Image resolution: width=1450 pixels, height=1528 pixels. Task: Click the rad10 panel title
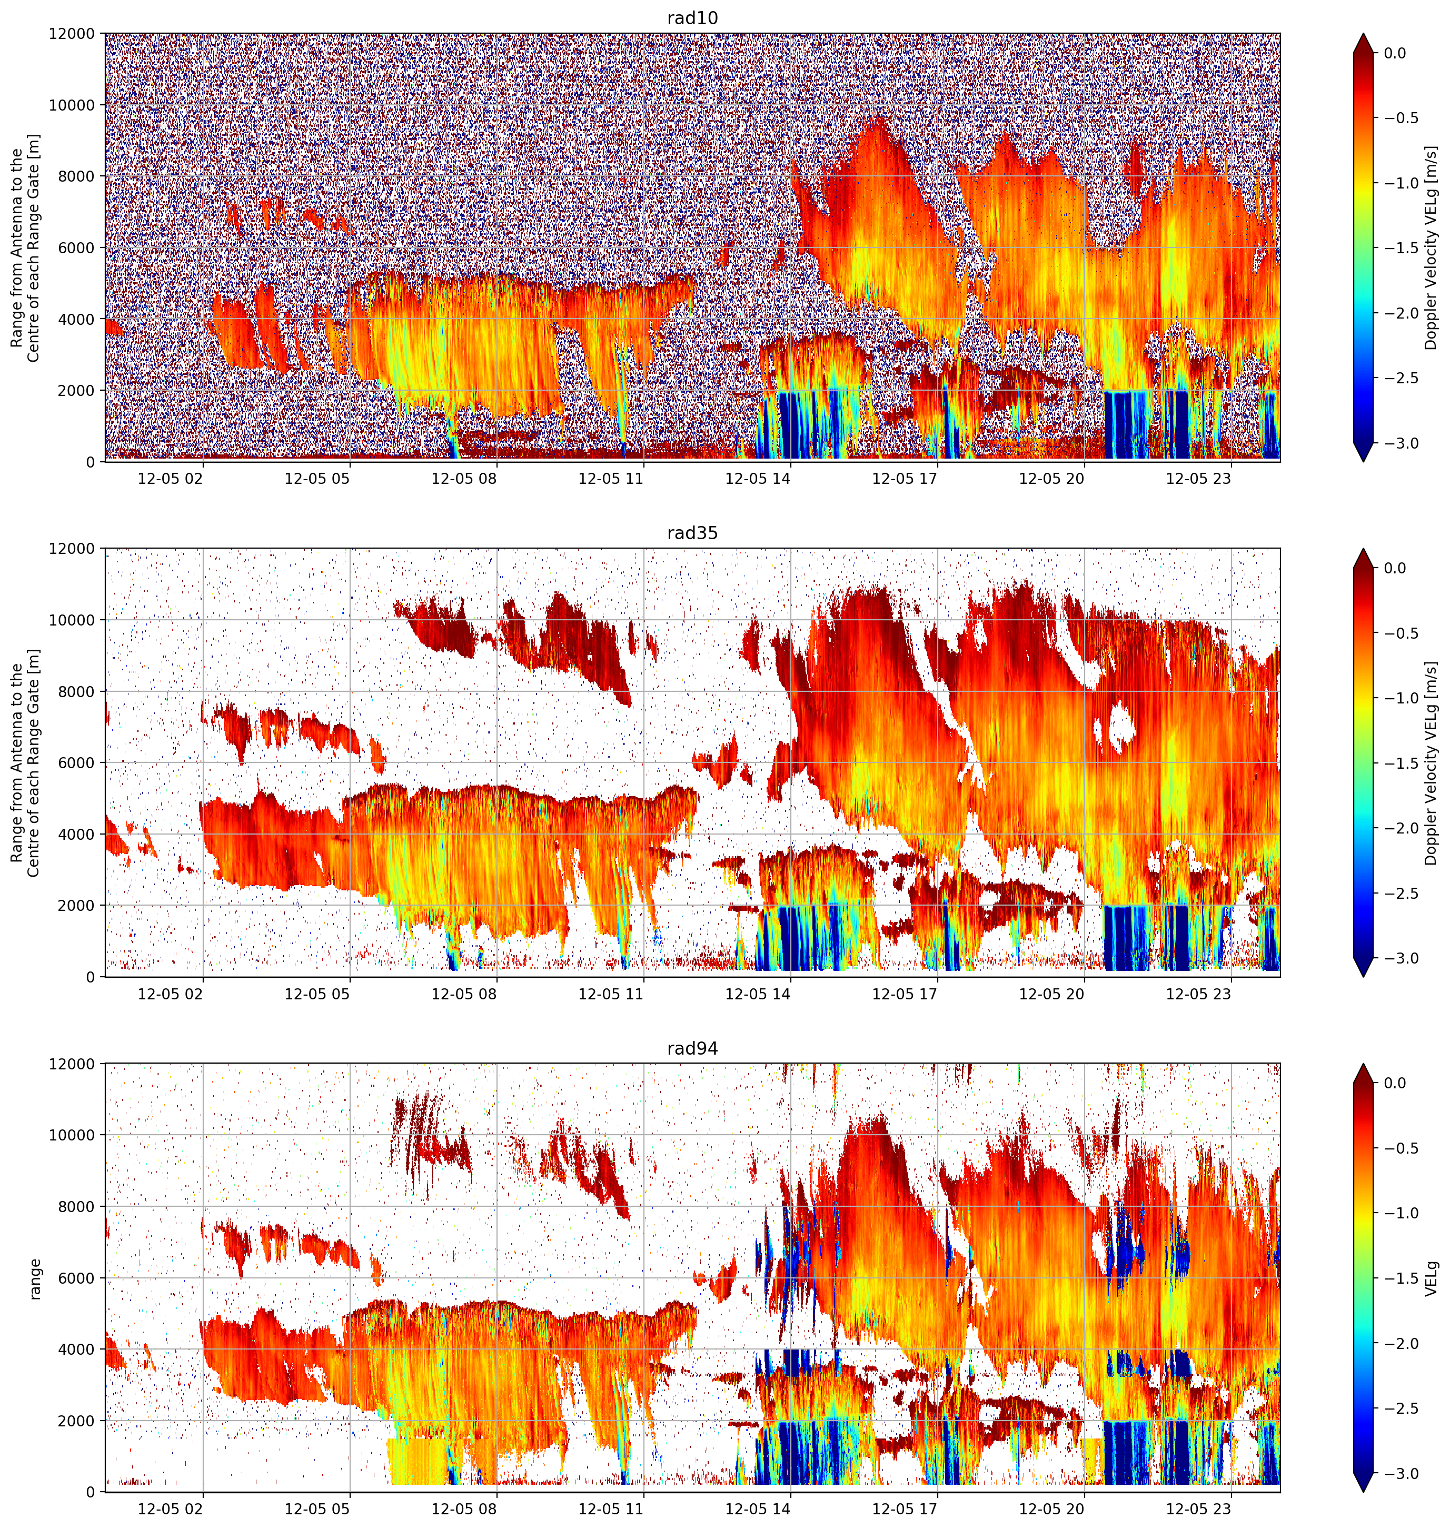[692, 18]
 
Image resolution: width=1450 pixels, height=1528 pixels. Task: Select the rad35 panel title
[692, 533]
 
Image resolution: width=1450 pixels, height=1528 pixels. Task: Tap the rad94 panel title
[692, 1049]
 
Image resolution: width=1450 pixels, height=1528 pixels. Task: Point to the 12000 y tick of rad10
[73, 34]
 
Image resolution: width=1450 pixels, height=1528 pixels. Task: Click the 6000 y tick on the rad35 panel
[77, 763]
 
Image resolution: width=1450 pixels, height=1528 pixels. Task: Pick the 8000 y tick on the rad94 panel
[77, 1206]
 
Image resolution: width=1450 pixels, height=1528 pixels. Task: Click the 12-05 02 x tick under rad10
[170, 479]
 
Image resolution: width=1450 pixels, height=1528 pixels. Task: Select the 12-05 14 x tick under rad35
[758, 994]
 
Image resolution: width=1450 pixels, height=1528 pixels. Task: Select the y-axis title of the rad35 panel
[25, 763]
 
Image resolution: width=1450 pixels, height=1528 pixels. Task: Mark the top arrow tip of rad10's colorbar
[1364, 33]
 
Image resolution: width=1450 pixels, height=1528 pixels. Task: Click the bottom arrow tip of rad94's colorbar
[1364, 1492]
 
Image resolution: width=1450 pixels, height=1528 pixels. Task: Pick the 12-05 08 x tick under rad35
[464, 994]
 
